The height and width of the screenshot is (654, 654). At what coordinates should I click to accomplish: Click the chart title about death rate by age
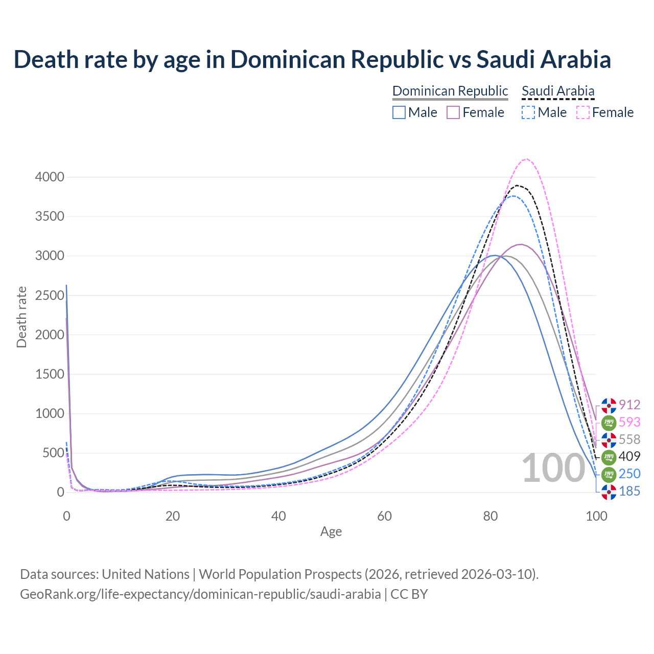tap(312, 59)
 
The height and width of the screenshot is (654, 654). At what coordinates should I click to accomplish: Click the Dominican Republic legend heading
tap(450, 91)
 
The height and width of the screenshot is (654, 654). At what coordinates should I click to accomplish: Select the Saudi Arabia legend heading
tap(558, 91)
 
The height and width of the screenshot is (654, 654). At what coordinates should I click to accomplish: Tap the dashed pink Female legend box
tap(583, 112)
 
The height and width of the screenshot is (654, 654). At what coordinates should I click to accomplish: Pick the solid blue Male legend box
tap(399, 112)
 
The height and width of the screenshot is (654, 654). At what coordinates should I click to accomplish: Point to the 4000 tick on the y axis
tap(50, 177)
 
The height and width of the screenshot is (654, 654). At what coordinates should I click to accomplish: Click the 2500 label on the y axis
tap(50, 295)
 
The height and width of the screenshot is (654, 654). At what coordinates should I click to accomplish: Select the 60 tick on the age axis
tap(384, 516)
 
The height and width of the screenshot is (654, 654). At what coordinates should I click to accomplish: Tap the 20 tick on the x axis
tap(173, 516)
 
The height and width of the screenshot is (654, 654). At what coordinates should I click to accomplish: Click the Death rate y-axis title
tap(21, 317)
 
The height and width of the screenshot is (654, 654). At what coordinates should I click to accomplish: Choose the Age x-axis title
tap(331, 532)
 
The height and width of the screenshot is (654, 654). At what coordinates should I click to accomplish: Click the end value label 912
tap(629, 405)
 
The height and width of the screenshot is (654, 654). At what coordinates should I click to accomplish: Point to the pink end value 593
tap(629, 422)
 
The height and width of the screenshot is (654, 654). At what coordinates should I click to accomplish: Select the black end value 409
tap(629, 456)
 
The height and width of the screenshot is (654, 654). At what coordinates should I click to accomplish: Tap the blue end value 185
tap(629, 491)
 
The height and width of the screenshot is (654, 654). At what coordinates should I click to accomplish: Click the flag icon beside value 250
tap(609, 474)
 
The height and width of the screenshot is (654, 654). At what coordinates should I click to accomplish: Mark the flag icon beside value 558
tap(609, 439)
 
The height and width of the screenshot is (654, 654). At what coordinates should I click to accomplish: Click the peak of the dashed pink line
tap(527, 159)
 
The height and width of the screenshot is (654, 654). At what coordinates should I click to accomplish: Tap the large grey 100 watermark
tap(553, 468)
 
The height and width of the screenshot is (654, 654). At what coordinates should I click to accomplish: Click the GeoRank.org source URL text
tap(200, 594)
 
